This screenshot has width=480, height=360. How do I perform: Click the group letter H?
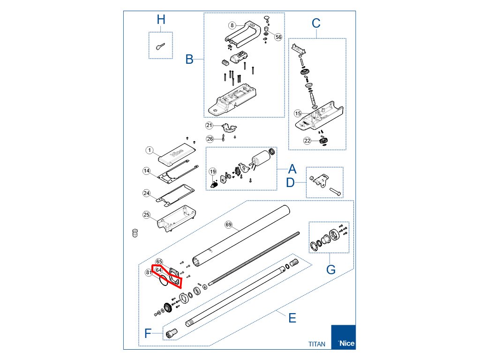pos(161,20)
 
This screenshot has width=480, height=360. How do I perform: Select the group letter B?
pos(189,60)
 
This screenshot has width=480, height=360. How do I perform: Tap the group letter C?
pos(316,22)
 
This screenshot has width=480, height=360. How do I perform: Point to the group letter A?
pos(292,169)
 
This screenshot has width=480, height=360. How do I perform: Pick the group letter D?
pos(291,182)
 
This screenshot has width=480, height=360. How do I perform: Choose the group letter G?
pos(331,270)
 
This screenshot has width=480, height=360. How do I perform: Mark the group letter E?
pos(292,318)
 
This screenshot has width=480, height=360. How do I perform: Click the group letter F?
pos(148,334)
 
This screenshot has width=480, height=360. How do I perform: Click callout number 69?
pos(229,225)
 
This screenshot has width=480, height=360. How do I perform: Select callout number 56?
pos(278,37)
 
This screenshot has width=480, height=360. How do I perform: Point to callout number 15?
pos(298,113)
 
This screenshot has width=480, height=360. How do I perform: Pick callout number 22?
pos(307,141)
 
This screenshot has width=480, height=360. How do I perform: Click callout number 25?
pos(147,215)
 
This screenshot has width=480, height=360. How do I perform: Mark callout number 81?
pos(149,272)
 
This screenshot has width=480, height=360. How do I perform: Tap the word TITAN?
pos(317,344)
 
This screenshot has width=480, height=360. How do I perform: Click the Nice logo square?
pos(343,337)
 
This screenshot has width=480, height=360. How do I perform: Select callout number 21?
pos(210,125)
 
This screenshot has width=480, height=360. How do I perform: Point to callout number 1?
pos(149,150)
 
